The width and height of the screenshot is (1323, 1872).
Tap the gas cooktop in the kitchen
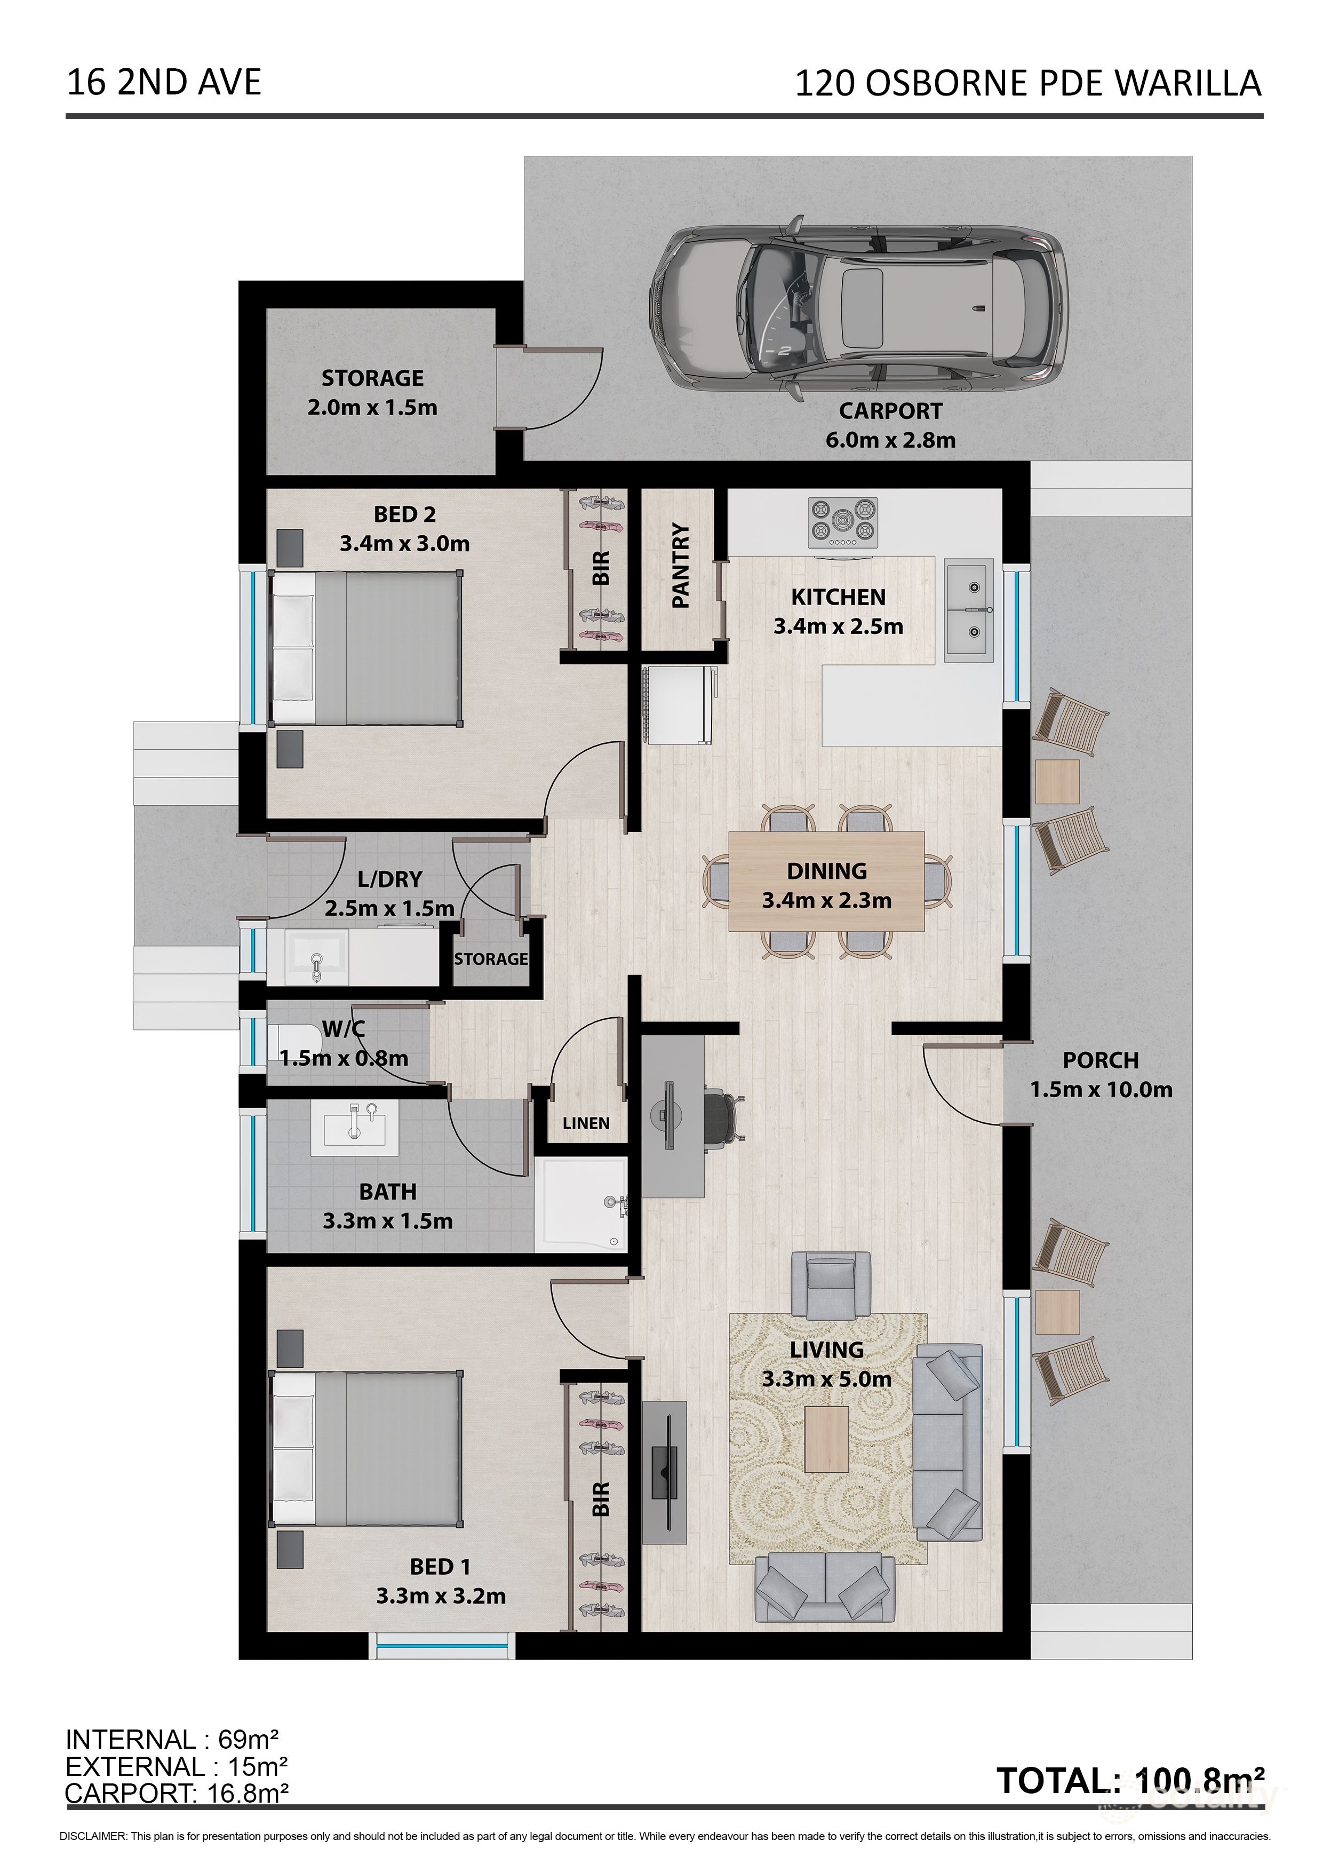843,522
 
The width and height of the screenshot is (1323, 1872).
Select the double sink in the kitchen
969,610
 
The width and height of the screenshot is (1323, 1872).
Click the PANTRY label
681,565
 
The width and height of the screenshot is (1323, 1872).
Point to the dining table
826,881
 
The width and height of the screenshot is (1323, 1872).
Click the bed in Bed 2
366,648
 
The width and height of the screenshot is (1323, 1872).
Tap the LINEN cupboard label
586,1123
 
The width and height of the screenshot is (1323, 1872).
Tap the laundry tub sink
317,956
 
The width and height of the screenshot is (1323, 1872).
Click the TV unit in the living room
664,1472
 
